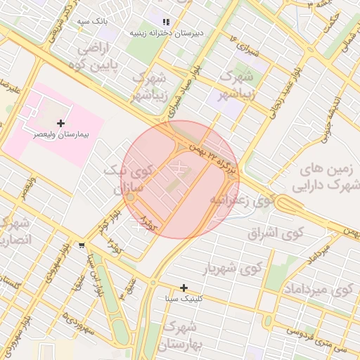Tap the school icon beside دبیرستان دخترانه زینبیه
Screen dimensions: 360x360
coord(166,22)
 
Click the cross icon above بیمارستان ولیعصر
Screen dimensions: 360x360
coord(61,123)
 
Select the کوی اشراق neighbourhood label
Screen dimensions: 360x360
coord(274,233)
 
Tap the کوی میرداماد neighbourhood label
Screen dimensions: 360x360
coord(319,290)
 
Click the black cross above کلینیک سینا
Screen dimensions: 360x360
coord(184,288)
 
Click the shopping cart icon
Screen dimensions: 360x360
coord(83,245)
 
